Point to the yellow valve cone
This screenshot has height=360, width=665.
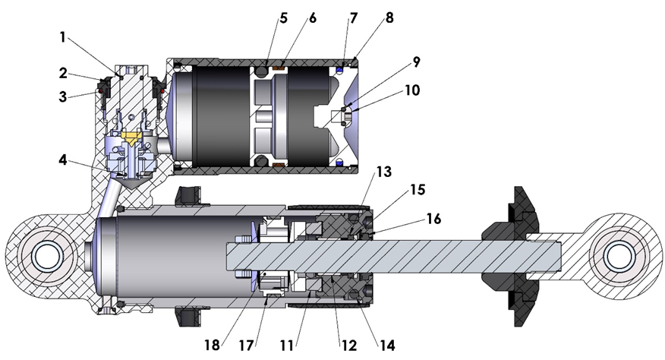134,138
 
